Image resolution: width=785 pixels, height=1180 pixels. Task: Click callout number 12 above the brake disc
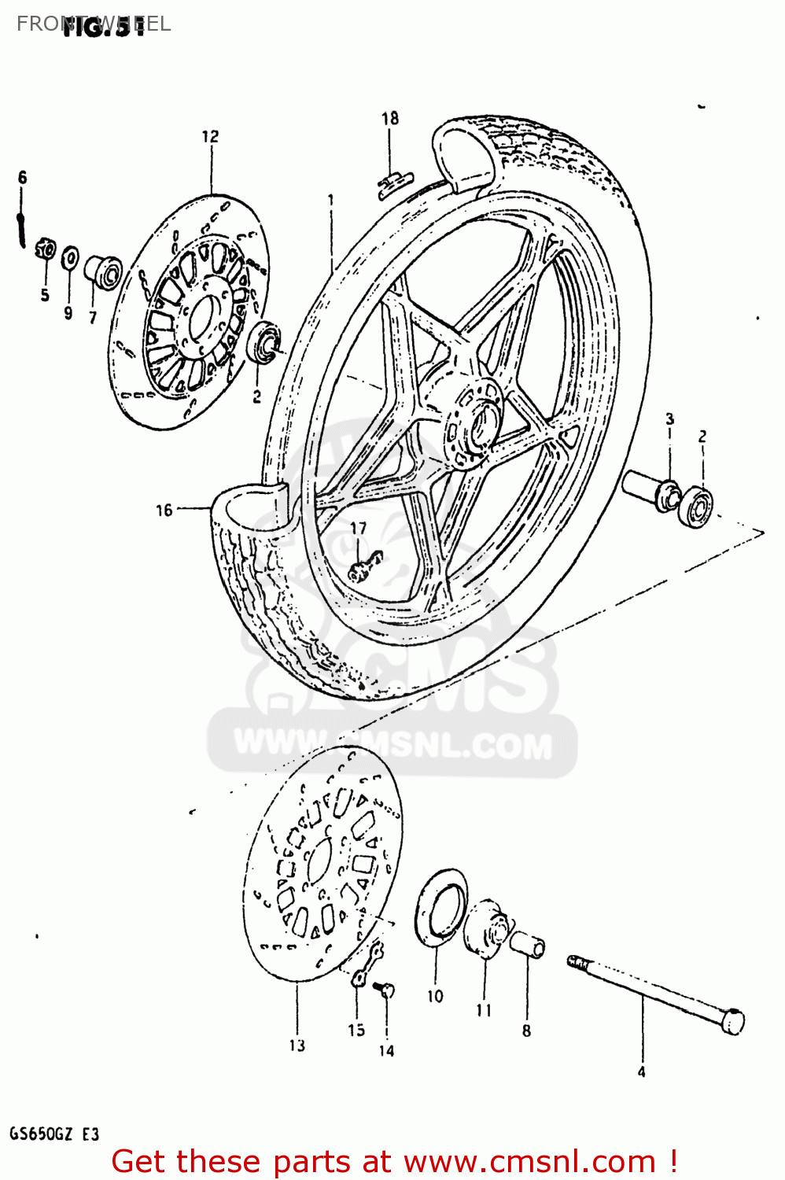210,137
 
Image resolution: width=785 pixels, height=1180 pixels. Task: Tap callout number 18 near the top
390,119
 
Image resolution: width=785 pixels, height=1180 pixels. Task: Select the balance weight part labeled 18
396,183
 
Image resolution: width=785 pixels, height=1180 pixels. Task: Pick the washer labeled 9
70,256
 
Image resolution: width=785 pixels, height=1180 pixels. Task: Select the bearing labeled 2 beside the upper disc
264,342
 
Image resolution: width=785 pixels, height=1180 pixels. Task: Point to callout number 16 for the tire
164,511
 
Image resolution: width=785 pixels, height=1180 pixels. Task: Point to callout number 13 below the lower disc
297,1045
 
